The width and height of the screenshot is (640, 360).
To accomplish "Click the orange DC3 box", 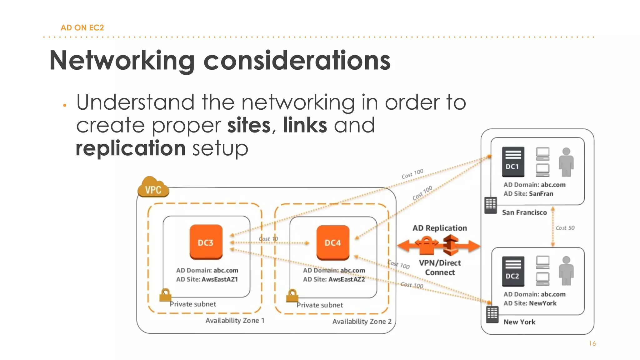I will [x=206, y=242].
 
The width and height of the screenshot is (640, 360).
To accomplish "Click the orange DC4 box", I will [x=332, y=242].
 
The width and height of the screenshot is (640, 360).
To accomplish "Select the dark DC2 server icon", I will [x=513, y=271].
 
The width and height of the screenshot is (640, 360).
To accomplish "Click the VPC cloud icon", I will [x=153, y=187].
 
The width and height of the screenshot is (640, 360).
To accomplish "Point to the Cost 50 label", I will [x=565, y=228].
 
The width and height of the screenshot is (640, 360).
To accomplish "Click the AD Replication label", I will [x=439, y=228].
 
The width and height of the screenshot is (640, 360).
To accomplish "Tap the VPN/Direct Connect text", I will [x=440, y=267].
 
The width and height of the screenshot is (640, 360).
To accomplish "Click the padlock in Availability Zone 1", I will [x=165, y=295].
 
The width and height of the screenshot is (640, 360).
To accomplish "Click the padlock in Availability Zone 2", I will [x=292, y=295].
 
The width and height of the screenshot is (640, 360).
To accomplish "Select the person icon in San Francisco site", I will [x=566, y=162].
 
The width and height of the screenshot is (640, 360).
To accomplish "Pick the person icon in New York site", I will [x=566, y=271].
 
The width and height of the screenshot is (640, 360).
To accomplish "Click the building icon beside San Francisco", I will [x=490, y=205].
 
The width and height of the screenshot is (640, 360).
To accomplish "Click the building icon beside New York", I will [x=492, y=314].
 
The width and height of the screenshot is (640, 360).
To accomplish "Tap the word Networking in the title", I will [x=122, y=61].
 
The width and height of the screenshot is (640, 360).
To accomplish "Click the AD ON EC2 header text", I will [x=82, y=27].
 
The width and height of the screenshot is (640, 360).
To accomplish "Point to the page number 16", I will [x=592, y=343].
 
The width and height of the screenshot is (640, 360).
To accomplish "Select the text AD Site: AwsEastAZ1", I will [x=207, y=279].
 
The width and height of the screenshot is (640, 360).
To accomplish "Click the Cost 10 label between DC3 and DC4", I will [x=268, y=239].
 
